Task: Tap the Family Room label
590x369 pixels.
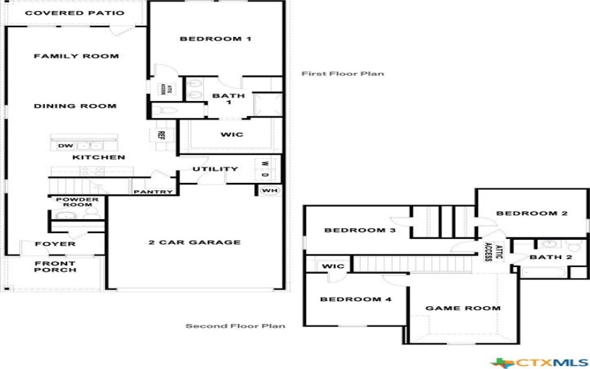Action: [76, 56]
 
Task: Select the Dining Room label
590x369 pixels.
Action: [75, 106]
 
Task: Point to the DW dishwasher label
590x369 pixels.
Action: [65, 145]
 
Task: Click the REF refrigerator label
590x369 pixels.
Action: [161, 135]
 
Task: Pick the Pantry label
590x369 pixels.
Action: [153, 192]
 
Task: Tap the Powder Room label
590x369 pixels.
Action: [75, 201]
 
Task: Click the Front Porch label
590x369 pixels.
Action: [55, 266]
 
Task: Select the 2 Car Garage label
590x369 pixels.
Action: [195, 242]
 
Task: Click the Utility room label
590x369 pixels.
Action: [215, 169]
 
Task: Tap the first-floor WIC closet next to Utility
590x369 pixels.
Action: [232, 135]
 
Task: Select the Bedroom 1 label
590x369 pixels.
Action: [216, 39]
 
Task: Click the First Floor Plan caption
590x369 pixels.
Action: [342, 74]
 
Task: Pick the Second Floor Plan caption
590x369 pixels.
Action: [235, 325]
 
